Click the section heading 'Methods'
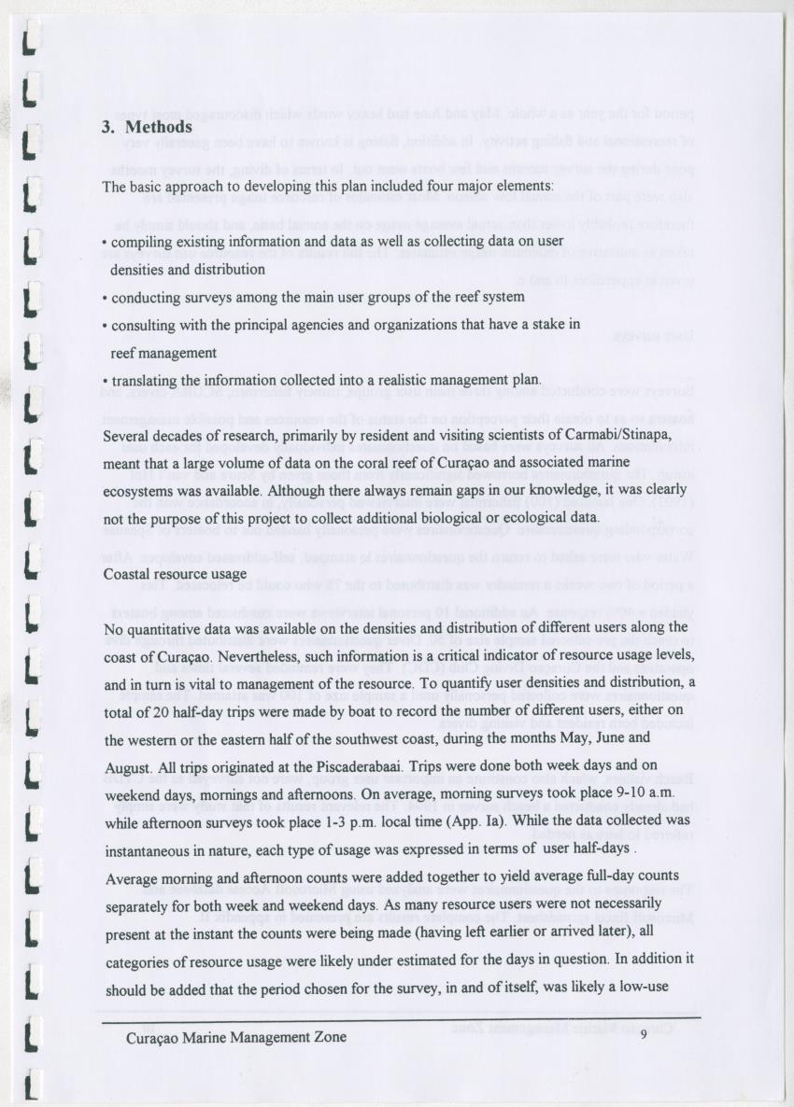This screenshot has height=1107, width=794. point(159,126)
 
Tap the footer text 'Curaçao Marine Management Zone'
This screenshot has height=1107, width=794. point(236,1036)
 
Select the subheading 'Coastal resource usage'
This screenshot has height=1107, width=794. point(175,573)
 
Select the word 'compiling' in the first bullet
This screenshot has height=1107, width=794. point(142,242)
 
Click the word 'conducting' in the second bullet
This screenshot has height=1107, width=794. point(146,298)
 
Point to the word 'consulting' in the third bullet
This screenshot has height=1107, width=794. point(144,325)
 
